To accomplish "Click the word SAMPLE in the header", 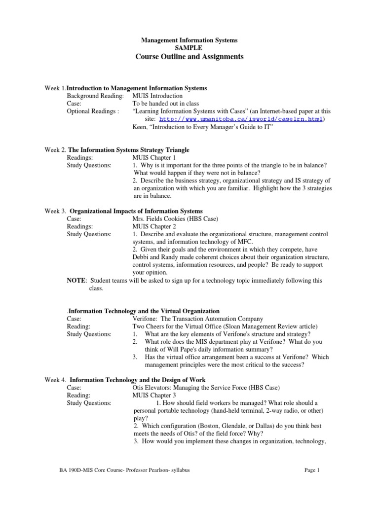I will click(x=189, y=48).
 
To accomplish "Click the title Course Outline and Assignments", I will click(x=189, y=57).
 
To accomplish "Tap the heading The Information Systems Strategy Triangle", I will click(x=129, y=149).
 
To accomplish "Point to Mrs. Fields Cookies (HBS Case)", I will click(x=175, y=218).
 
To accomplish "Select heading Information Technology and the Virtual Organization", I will click(x=144, y=311).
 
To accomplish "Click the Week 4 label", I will click(x=55, y=380).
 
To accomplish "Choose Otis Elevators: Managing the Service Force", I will click(x=196, y=388).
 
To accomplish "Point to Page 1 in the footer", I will click(x=312, y=470).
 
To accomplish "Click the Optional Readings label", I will click(x=93, y=111).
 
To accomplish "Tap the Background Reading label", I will click(x=95, y=96).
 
